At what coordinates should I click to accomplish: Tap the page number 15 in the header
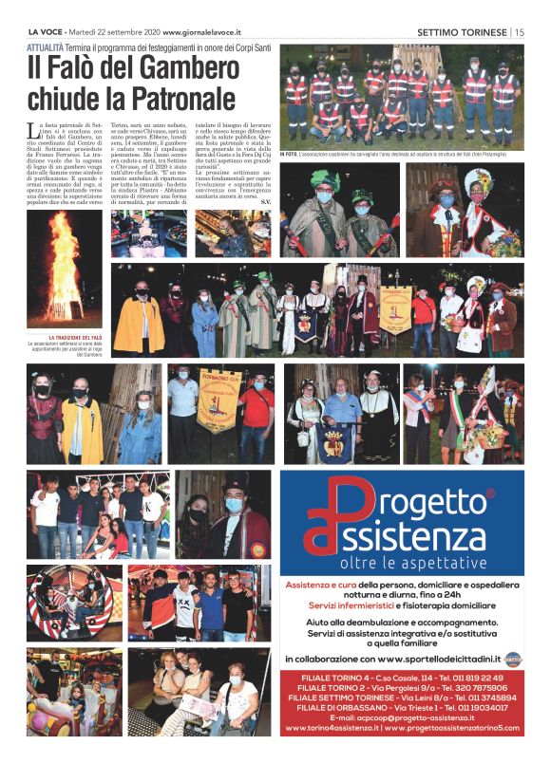tap(520, 31)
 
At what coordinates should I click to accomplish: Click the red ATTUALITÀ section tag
tap(52, 46)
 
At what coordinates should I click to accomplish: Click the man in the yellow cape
tap(138, 324)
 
